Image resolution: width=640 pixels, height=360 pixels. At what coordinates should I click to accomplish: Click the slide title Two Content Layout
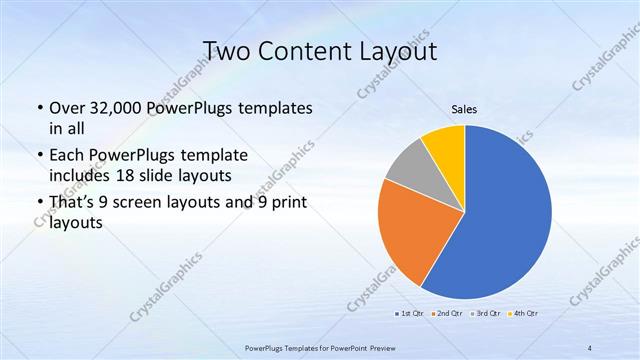(320, 50)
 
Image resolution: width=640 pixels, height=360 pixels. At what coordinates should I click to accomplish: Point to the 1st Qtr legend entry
(406, 313)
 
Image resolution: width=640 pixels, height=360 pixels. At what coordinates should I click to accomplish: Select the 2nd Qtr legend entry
(447, 313)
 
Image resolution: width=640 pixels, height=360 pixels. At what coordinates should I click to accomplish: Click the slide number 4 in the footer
(590, 347)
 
